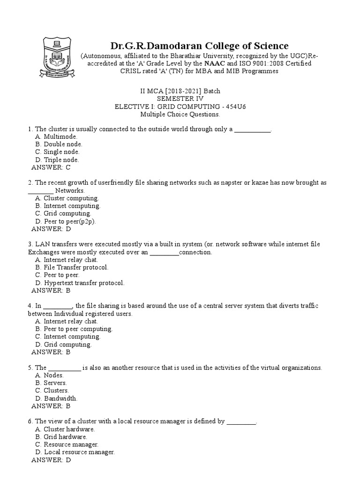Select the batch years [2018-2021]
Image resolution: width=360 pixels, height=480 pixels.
click(x=175, y=90)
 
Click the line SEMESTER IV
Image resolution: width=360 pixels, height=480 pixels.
click(x=180, y=98)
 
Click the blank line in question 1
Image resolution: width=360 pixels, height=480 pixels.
click(x=252, y=129)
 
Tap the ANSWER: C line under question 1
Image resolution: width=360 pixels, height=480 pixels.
click(x=51, y=167)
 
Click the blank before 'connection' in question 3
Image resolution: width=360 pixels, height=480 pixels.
click(x=164, y=252)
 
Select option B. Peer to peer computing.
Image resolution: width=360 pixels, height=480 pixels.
click(x=74, y=329)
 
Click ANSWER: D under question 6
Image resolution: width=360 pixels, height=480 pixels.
click(x=51, y=460)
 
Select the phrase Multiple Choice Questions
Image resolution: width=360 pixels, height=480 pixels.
click(x=180, y=114)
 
